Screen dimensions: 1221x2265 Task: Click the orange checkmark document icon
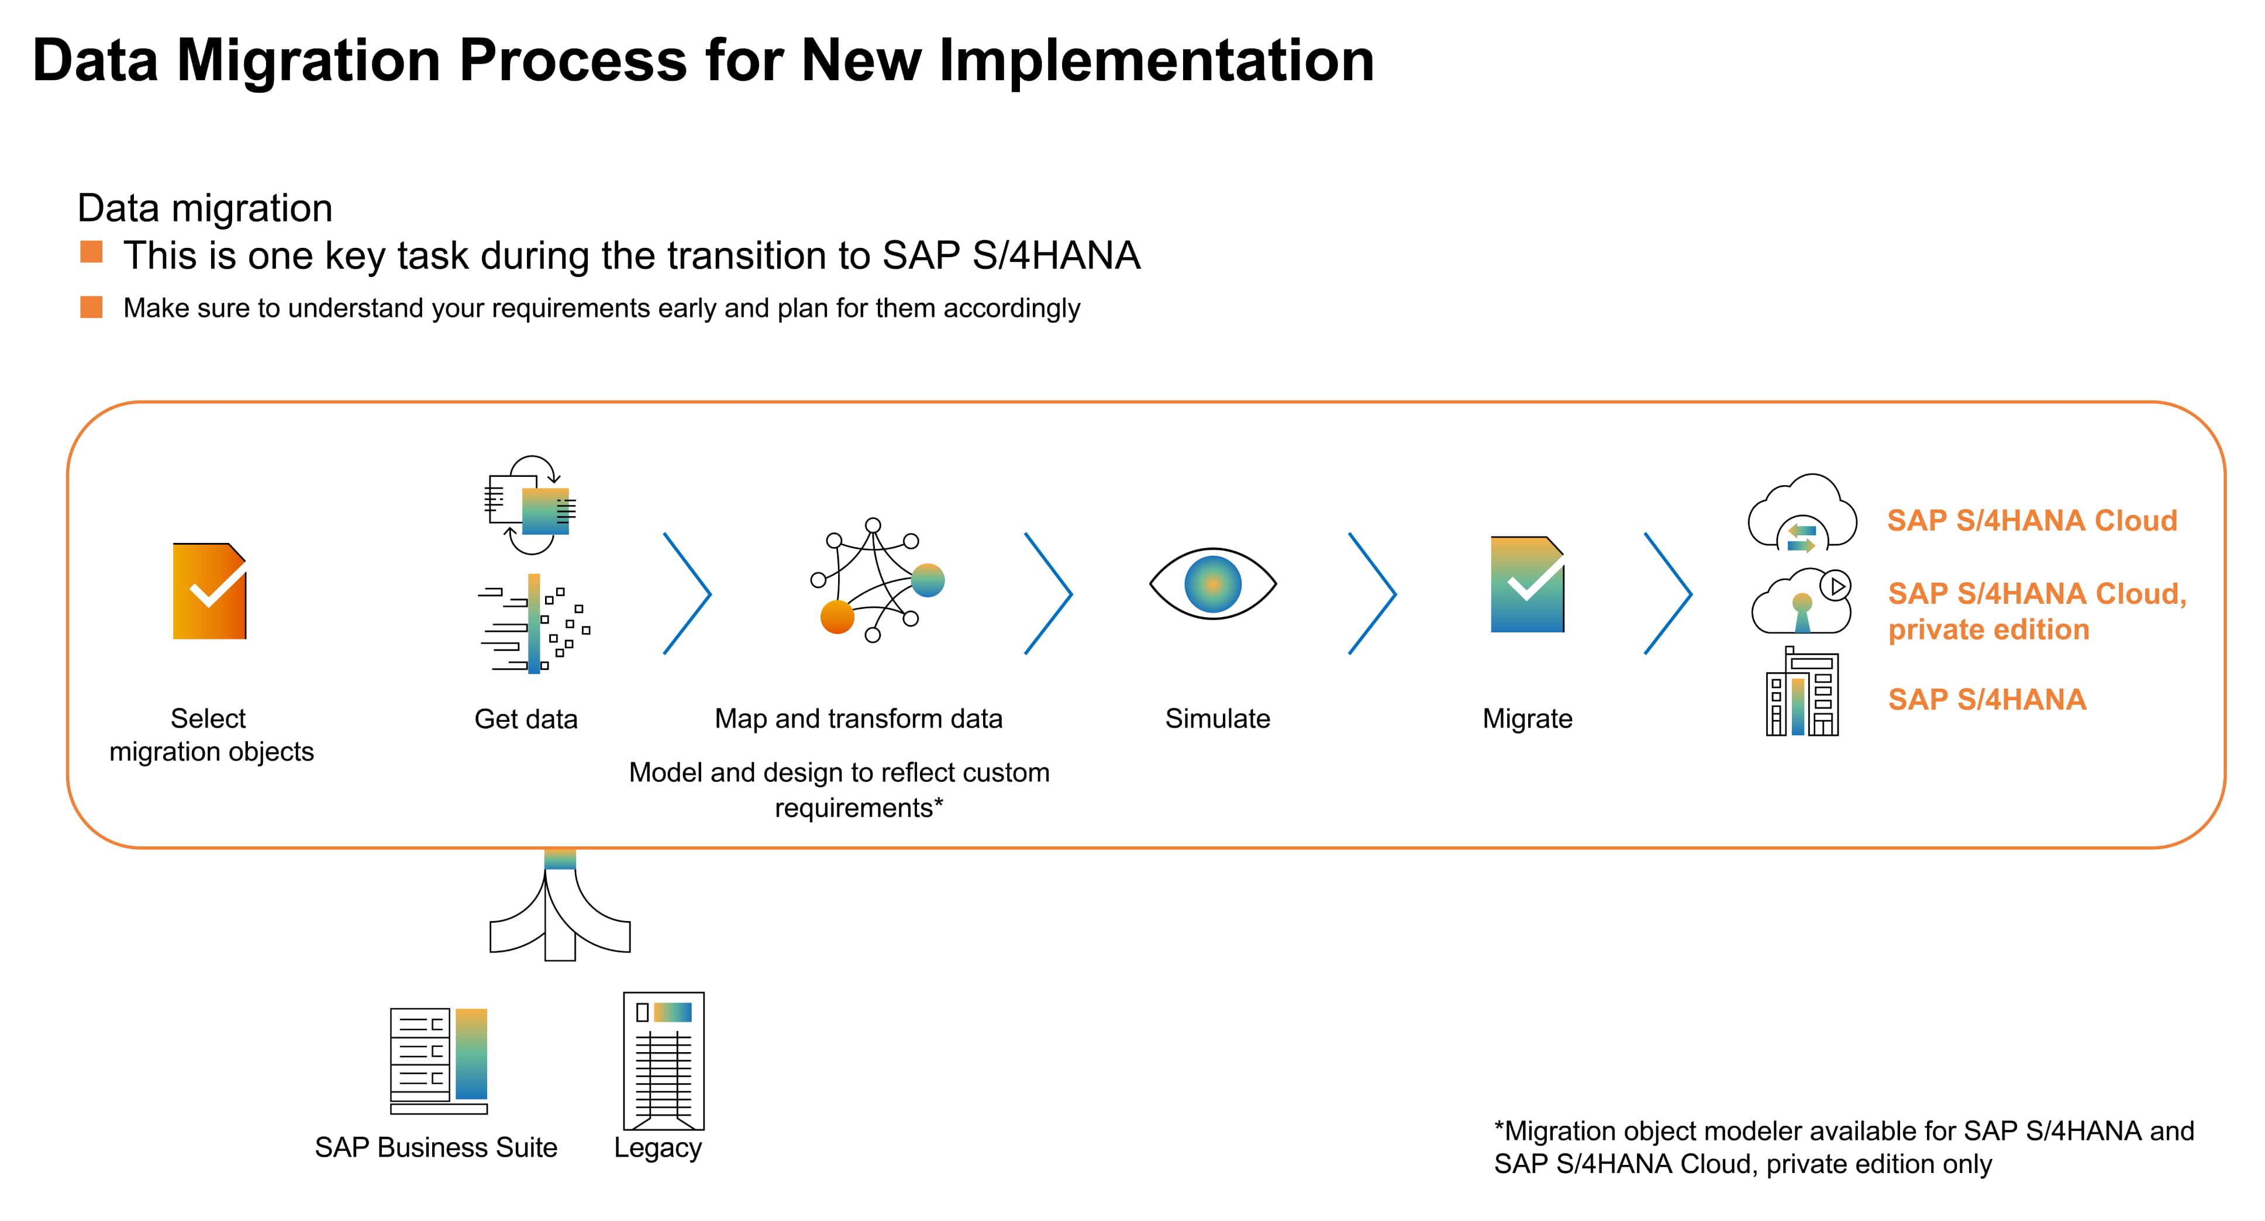point(209,591)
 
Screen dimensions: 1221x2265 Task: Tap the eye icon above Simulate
point(1212,584)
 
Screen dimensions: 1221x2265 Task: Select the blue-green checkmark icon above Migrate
point(1528,584)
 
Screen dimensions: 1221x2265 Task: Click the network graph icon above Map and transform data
point(875,580)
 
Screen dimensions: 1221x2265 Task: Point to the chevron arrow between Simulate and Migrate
point(1373,593)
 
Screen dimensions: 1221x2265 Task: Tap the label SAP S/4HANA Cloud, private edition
point(2036,611)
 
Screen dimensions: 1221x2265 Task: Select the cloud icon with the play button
point(1802,601)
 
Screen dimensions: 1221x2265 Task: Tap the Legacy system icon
point(664,1060)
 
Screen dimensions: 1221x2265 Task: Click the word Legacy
point(658,1147)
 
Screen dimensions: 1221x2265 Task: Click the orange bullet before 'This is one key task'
point(91,253)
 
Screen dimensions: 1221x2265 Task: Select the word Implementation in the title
point(1156,61)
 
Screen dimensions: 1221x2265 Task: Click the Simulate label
point(1217,719)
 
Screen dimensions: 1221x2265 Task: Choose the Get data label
point(526,719)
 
